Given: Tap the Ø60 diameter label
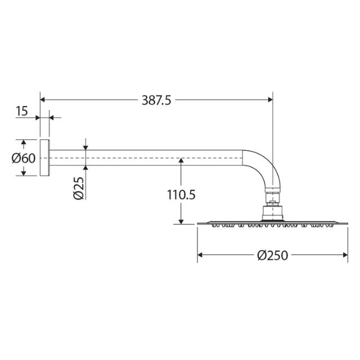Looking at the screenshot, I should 24,158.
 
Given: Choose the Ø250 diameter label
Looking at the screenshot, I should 272,255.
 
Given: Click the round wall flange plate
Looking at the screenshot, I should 45,158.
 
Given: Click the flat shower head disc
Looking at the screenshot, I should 272,224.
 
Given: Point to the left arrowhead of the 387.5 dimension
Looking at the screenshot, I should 44,100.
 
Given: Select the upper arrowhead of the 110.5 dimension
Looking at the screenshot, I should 181,161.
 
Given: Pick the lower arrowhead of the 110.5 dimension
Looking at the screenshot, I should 181,221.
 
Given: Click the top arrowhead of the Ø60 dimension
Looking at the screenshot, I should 24,142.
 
